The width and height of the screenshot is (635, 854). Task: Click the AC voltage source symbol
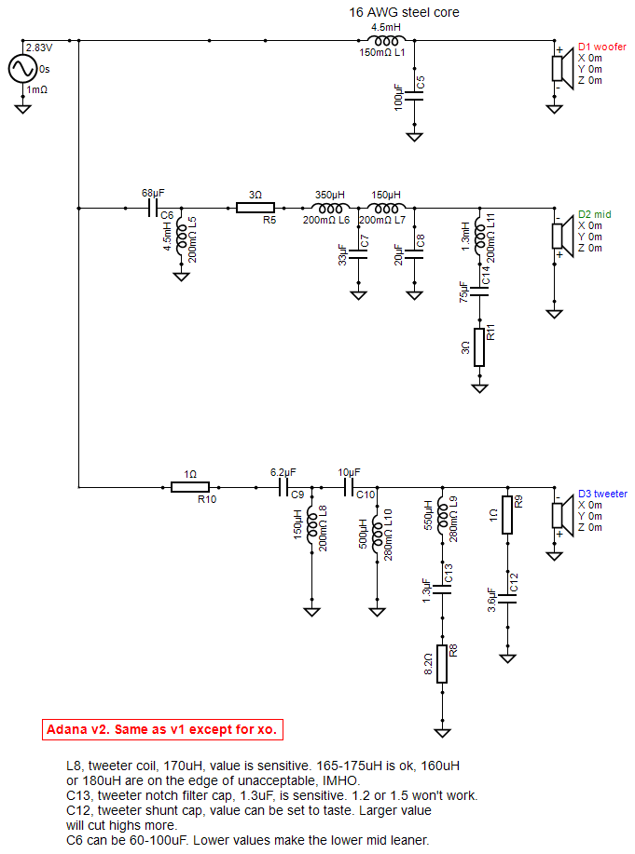coord(22,69)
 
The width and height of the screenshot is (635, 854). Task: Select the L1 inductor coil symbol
coord(386,40)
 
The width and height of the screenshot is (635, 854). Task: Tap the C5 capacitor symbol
coord(415,96)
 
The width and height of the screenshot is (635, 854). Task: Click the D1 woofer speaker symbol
coord(562,68)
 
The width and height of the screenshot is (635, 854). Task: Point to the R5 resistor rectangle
coord(255,208)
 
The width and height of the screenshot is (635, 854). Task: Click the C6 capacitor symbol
coord(153,208)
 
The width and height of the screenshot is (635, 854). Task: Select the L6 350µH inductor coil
coord(330,208)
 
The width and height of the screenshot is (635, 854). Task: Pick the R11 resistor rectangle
coord(479,347)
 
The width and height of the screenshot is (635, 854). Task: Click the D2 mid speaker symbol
coord(562,236)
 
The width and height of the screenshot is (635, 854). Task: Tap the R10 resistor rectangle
coord(190,487)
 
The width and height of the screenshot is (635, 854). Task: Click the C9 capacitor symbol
coord(283,487)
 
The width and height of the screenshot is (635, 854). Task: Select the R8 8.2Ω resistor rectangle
coord(442,663)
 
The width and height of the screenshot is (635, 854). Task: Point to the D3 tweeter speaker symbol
coord(562,515)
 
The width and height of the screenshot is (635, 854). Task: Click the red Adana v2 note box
coord(162,730)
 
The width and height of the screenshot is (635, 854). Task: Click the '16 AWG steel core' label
coord(405,12)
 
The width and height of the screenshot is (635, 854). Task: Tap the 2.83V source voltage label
coord(39,47)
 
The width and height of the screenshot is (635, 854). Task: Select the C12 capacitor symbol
coord(507,599)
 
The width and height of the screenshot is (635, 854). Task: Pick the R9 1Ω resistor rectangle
coord(507,515)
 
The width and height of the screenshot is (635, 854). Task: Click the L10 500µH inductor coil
coord(377,534)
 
